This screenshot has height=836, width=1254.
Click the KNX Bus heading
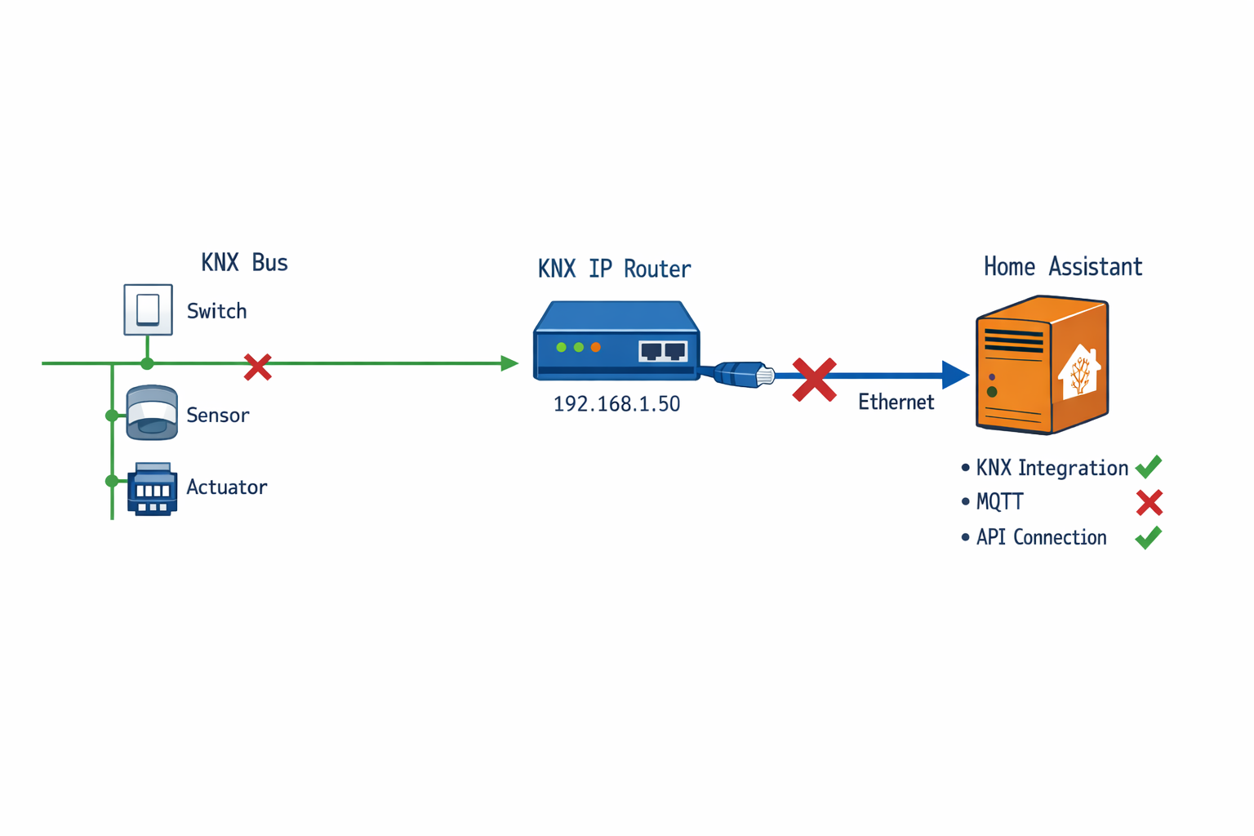244,263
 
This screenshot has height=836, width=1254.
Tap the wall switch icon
148,309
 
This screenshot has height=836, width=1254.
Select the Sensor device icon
152,413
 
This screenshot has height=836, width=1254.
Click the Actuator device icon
152,490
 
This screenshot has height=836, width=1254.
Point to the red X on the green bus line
258,367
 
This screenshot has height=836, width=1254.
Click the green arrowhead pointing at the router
509,363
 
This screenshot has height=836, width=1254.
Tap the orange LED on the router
596,348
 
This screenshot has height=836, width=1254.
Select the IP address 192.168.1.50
616,404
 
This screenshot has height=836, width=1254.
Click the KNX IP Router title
614,269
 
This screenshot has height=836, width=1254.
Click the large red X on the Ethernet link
814,380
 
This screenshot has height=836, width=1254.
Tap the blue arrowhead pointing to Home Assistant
954,376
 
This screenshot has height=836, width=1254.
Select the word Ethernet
896,402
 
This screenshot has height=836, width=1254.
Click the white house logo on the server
1079,372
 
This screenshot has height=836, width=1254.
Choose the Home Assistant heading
1062,267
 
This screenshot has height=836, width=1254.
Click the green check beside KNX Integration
1149,467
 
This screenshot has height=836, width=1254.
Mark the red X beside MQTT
1149,503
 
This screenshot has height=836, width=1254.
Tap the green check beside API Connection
1149,537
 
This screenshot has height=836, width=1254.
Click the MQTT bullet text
999,502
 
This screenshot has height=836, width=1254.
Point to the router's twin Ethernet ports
663,351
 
